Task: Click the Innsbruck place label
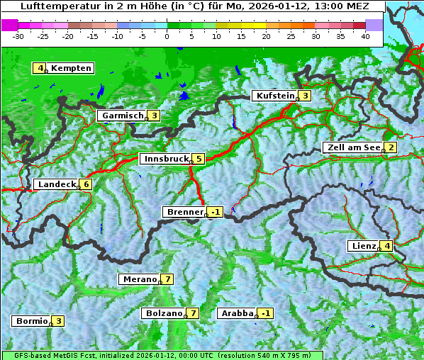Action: (165, 159)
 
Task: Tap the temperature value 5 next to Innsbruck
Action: (199, 159)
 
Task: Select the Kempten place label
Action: (71, 68)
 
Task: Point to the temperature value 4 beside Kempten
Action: (40, 68)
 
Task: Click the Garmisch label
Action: (123, 116)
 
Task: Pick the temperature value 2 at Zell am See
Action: (389, 147)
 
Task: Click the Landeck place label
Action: (56, 184)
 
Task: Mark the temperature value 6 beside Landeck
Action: (87, 184)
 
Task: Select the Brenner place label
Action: (184, 212)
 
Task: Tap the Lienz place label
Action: (364, 246)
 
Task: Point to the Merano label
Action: (140, 279)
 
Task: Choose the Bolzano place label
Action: (163, 313)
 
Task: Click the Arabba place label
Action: (237, 313)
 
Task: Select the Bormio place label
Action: (31, 321)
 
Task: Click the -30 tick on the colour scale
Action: (18, 35)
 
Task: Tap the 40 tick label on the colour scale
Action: (365, 35)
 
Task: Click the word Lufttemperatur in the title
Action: (57, 6)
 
